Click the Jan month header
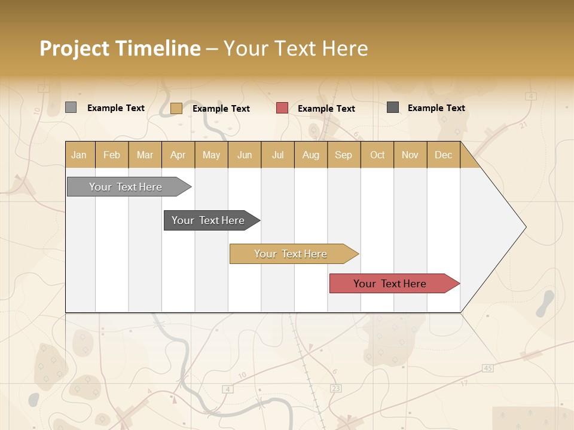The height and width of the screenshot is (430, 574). [x=80, y=155]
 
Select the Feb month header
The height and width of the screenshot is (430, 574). [x=112, y=155]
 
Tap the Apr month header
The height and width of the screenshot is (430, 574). [x=178, y=155]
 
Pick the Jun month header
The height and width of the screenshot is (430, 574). [x=245, y=155]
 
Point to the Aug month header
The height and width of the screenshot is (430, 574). [x=311, y=155]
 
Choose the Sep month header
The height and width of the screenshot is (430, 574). [x=344, y=155]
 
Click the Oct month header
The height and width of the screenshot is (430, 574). [x=377, y=155]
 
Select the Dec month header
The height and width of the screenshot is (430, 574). [x=444, y=155]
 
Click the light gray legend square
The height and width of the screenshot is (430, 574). [x=71, y=107]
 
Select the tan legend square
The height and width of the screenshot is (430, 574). [x=176, y=108]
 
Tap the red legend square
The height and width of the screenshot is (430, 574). [x=282, y=108]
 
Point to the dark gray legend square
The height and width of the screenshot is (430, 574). [x=393, y=107]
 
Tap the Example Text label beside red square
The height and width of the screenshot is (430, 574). [x=326, y=109]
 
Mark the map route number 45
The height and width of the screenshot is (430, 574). [x=488, y=368]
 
